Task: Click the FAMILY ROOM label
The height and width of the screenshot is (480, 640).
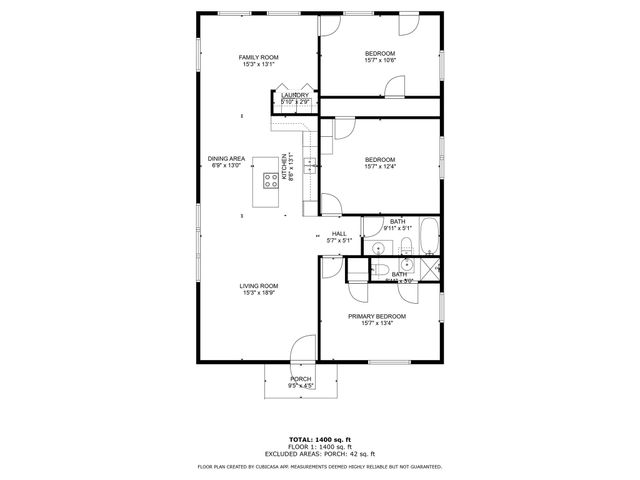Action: point(257,58)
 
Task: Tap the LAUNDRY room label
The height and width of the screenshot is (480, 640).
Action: point(294,95)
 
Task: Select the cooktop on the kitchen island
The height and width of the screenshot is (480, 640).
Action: point(270,181)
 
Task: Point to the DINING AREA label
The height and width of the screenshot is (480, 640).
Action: point(226,159)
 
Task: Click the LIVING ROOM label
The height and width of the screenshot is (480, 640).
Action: point(258,286)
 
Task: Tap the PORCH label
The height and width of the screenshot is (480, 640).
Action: point(301,379)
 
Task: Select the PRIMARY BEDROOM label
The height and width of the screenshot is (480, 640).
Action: point(377,316)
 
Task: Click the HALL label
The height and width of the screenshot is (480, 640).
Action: point(340,234)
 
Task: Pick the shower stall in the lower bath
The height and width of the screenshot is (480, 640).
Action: point(431,269)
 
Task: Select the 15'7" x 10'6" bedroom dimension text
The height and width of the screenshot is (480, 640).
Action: point(380,61)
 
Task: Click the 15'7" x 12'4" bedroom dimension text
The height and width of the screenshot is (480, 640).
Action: point(380,167)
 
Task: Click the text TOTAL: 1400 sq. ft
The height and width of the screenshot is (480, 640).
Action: point(319,439)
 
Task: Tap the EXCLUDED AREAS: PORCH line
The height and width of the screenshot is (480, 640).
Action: point(319,453)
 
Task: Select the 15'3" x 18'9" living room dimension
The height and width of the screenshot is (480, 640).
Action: point(258,293)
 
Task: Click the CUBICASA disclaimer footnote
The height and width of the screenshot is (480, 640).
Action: point(319,466)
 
